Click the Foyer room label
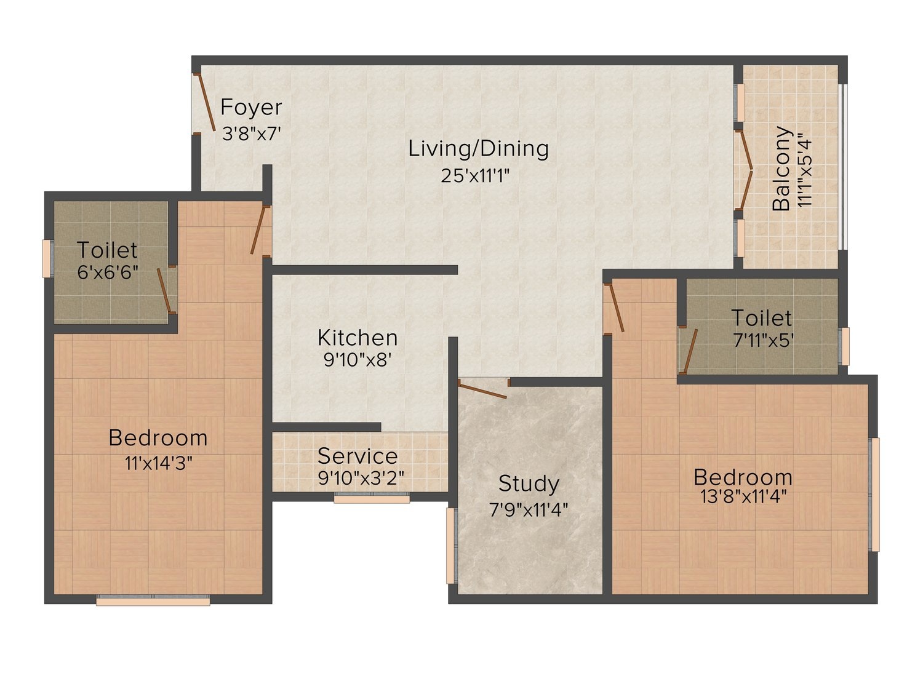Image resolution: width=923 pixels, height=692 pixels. click(x=251, y=107)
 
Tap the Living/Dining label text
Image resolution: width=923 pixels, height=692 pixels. click(x=479, y=149)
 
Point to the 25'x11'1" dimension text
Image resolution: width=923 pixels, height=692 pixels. click(x=475, y=176)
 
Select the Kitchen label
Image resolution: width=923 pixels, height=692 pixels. click(x=358, y=338)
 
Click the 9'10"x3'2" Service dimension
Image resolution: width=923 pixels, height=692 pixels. click(x=361, y=478)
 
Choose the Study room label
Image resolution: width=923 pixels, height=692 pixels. click(x=529, y=484)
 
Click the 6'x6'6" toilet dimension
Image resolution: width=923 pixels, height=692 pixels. click(x=108, y=272)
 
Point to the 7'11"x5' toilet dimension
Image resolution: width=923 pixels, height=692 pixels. click(x=763, y=340)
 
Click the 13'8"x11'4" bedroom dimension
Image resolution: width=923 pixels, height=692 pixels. click(x=743, y=497)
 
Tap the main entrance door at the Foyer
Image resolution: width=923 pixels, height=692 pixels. click(x=206, y=103)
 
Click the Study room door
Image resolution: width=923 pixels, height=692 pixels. click(x=483, y=389)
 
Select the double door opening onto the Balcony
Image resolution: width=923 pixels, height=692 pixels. click(x=744, y=170)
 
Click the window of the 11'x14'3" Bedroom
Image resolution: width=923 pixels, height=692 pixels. click(x=153, y=600)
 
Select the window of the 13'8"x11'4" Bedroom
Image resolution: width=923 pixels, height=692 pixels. click(x=873, y=495)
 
